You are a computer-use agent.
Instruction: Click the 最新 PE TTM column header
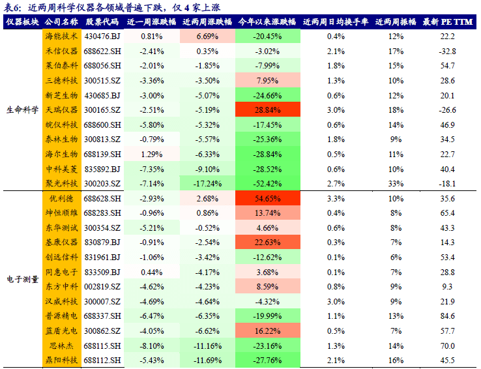446,22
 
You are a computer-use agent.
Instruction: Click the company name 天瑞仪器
61,110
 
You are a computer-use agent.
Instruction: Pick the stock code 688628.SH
103,198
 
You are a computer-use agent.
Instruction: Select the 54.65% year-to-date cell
268,198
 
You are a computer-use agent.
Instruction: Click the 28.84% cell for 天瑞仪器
268,110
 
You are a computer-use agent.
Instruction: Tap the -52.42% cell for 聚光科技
268,183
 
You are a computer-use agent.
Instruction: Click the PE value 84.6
447,316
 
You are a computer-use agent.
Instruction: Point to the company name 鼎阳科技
61,360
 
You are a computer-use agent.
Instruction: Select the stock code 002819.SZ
103,286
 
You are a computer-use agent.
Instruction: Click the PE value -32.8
447,51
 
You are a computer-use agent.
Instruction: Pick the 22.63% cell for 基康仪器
268,243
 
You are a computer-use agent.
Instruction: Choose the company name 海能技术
61,36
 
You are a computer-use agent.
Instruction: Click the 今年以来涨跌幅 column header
268,22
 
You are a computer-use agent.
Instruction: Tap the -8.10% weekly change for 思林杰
151,346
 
